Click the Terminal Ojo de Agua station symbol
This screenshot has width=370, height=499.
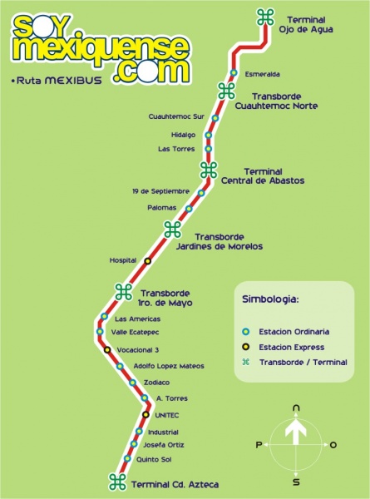coord(265,17)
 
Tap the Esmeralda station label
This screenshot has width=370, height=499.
coord(263,75)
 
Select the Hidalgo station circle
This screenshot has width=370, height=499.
coord(209,136)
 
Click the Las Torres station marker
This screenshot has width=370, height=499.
coord(209,149)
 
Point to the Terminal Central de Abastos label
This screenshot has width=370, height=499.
coord(263,176)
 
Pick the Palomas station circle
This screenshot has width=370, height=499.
coord(189,209)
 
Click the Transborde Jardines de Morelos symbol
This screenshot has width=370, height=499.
coord(172,230)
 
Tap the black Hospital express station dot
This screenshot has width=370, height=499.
coord(148,261)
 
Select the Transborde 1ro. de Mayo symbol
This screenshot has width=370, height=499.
coord(124,292)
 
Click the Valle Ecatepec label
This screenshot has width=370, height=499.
coord(135,332)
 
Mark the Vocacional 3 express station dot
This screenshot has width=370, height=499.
coord(107,350)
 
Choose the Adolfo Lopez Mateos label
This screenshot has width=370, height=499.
coord(169,366)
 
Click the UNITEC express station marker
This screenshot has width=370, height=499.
coord(146,415)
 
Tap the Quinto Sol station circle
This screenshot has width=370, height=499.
coord(127,458)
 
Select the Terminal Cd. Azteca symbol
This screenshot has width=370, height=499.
coord(117,482)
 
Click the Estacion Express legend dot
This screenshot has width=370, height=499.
coord(245,347)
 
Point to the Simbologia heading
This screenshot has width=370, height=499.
coord(271,299)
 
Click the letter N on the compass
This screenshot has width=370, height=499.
coord(296,408)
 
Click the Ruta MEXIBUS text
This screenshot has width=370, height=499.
coord(57,81)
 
